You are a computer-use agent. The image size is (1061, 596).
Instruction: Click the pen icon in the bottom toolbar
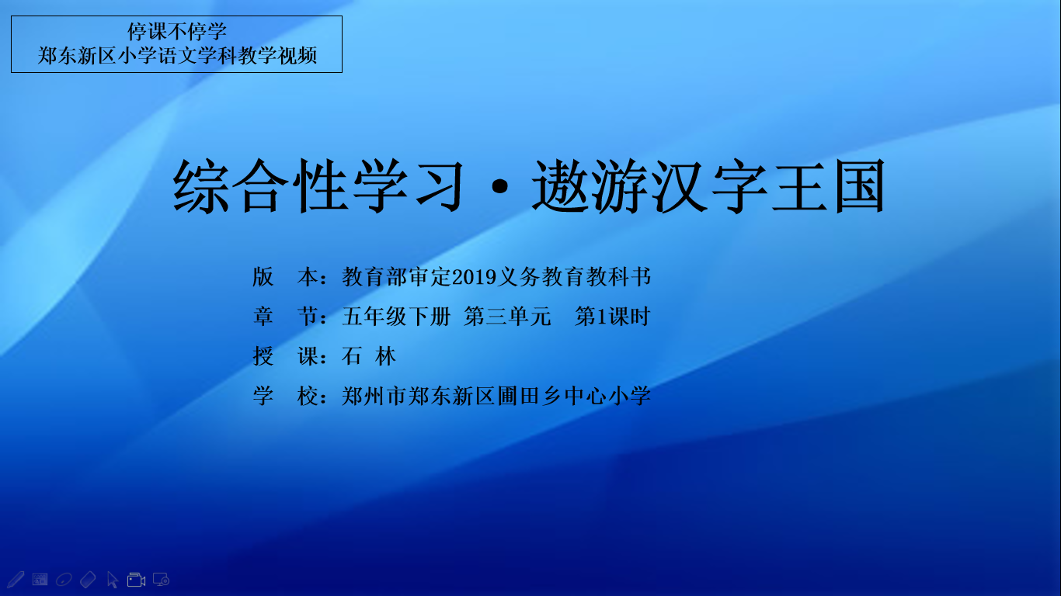coord(16,580)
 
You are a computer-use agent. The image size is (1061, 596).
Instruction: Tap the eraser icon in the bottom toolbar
coord(88,580)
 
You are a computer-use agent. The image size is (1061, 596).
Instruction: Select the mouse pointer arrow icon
coord(113,580)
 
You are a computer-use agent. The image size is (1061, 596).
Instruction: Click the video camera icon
coord(137,580)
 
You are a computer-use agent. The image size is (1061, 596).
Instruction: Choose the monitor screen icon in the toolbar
coord(161,580)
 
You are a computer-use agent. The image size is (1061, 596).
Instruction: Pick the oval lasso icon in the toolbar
coord(64,580)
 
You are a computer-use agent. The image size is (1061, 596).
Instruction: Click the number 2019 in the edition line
coord(474,277)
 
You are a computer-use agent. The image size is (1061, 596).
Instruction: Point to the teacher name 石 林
coord(368,356)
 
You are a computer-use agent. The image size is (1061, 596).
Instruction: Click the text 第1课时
coord(612,316)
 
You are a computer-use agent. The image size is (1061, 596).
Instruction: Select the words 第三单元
coord(507,316)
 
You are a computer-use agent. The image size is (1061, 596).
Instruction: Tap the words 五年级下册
coord(396,316)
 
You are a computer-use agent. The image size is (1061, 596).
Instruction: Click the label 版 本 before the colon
coord(286,277)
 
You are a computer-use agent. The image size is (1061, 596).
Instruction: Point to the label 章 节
coord(286,316)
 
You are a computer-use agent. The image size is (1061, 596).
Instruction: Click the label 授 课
coord(286,356)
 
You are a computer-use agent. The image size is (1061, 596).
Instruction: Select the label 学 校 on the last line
coord(286,396)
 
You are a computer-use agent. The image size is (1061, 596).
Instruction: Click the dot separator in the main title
coord(500,186)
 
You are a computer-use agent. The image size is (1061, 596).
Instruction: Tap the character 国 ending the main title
coord(859,185)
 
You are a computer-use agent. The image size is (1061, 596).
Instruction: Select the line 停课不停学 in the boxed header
coord(176,32)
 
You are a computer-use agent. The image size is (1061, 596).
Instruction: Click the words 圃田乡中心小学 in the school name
coord(573,396)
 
